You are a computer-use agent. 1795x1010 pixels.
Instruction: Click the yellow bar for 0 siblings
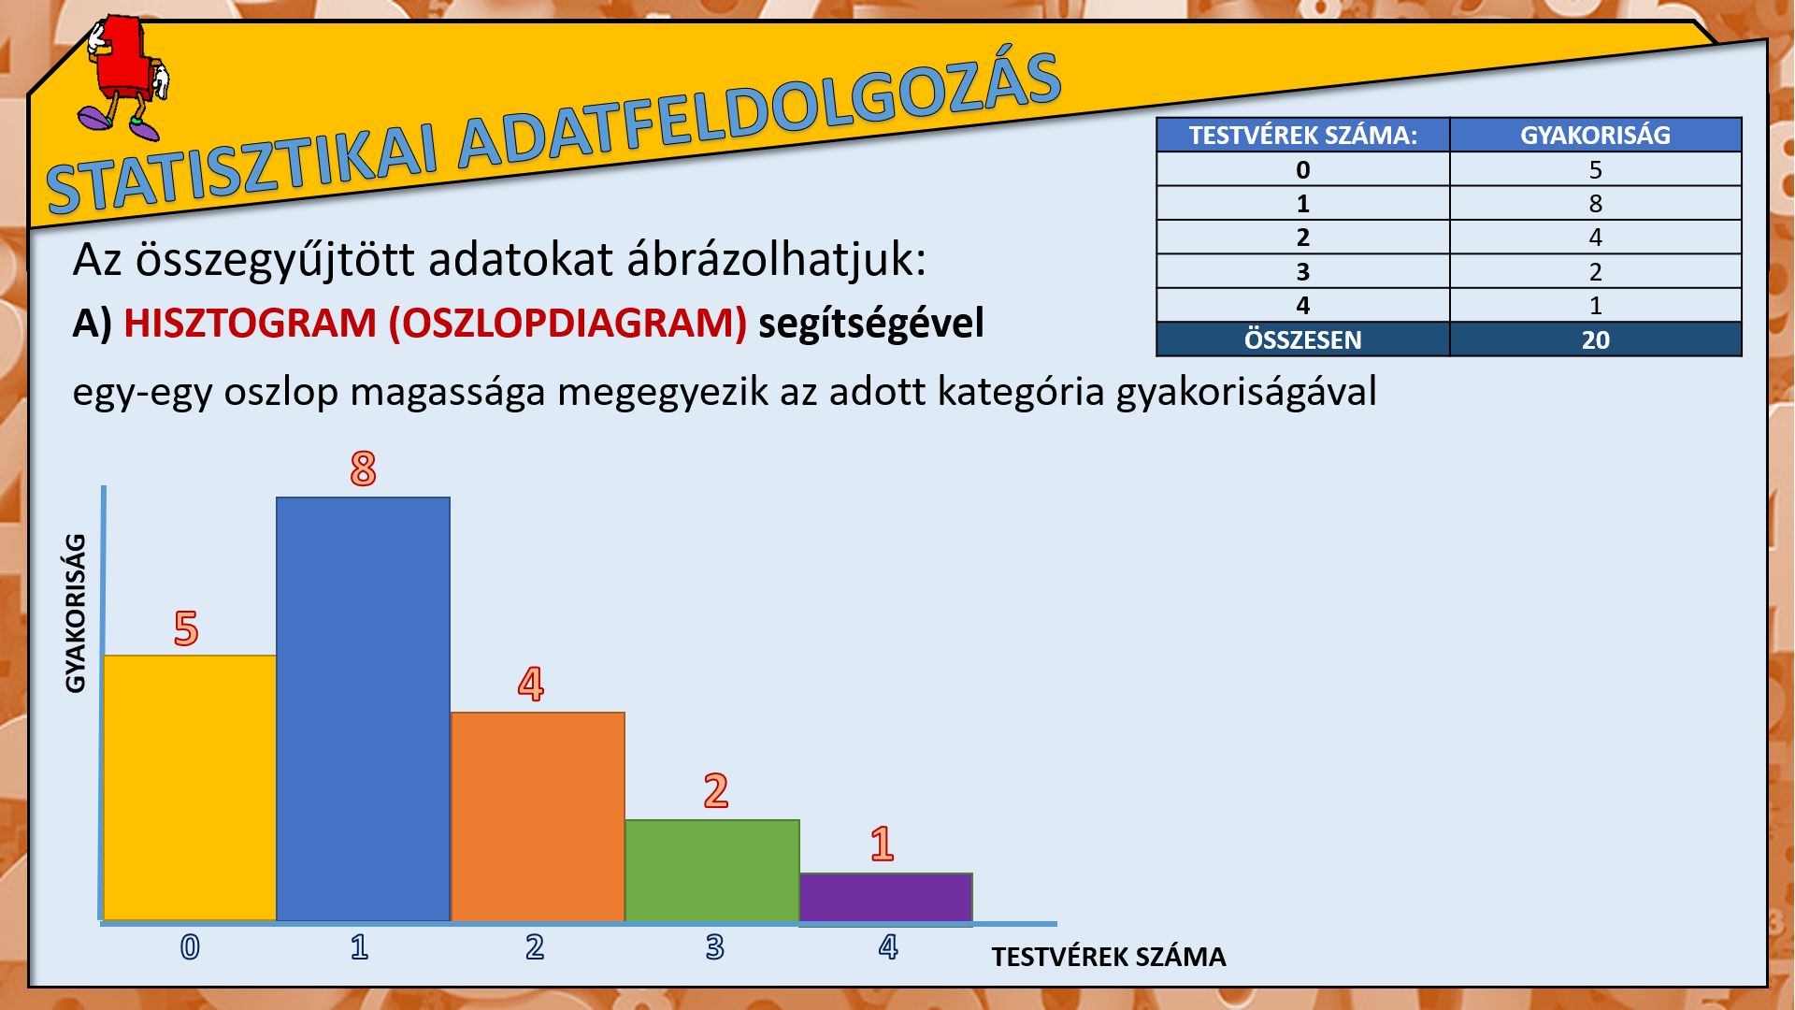pyautogui.click(x=190, y=787)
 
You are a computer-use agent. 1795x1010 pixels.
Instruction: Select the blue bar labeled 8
pyautogui.click(x=364, y=709)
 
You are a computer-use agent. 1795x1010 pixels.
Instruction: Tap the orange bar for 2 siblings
pyautogui.click(x=538, y=816)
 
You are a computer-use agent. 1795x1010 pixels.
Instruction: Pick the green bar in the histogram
pyautogui.click(x=712, y=870)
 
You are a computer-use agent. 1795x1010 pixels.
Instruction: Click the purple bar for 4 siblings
pyautogui.click(x=886, y=898)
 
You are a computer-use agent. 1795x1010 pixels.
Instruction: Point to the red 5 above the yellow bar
pyautogui.click(x=186, y=628)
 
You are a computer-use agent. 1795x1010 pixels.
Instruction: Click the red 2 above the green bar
pyautogui.click(x=716, y=791)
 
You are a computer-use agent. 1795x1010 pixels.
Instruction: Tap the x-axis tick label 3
pyautogui.click(x=715, y=947)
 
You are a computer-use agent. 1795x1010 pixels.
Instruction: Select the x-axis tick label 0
pyautogui.click(x=190, y=947)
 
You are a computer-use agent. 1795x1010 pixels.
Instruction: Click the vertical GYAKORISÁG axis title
pyautogui.click(x=76, y=613)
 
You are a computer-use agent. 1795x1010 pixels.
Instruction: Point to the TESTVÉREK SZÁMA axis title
pyautogui.click(x=1109, y=957)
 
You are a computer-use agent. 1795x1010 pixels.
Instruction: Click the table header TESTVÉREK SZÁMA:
pyautogui.click(x=1303, y=135)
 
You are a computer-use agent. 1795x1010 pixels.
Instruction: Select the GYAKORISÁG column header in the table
pyautogui.click(x=1595, y=135)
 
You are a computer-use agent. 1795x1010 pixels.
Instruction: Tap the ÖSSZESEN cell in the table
pyautogui.click(x=1303, y=339)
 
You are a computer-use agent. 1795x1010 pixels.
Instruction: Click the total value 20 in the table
pyautogui.click(x=1595, y=339)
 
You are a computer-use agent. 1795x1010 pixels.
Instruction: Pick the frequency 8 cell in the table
pyautogui.click(x=1595, y=203)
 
